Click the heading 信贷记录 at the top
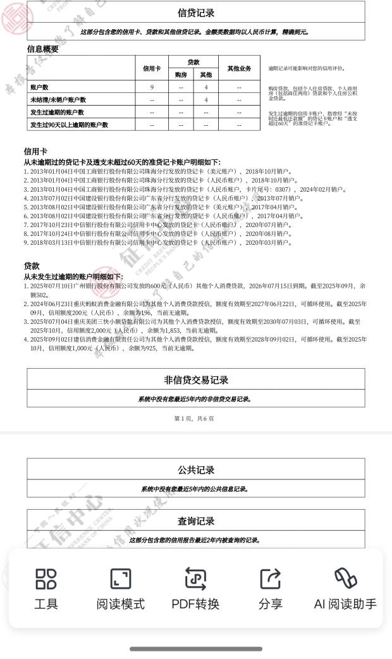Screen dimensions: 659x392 [196, 13]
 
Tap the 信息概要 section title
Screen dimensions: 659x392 [43, 49]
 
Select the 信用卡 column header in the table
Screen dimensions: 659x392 [152, 68]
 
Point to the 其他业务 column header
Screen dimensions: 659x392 [239, 68]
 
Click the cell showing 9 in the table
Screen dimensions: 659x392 [152, 87]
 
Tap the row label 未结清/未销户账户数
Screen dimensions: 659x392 [58, 100]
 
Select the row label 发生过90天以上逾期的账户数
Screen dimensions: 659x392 [69, 125]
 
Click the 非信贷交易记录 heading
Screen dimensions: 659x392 [196, 380]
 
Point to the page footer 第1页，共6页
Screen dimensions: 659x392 [194, 419]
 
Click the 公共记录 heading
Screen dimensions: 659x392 [196, 470]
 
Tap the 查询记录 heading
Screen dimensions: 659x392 [196, 521]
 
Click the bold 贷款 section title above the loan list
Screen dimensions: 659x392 [32, 266]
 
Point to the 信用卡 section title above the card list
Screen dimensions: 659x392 [35, 152]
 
